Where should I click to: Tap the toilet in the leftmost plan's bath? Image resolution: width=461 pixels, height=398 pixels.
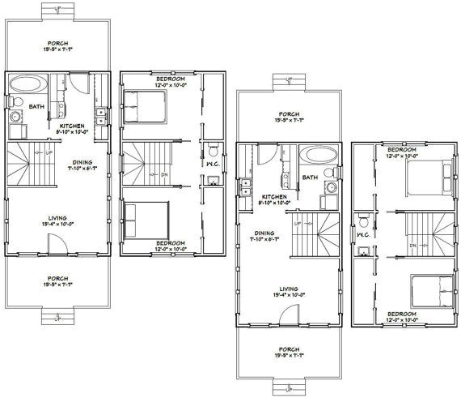click(x=15, y=101)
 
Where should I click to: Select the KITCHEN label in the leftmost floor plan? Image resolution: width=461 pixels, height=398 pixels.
click(x=70, y=126)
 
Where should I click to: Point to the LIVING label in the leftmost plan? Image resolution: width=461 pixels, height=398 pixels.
click(x=57, y=218)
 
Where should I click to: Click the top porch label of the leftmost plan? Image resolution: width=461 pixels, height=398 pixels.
click(x=57, y=43)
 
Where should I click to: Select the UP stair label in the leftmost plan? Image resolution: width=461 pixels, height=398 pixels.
click(x=49, y=152)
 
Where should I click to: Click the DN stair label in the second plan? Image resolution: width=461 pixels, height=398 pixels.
click(x=164, y=172)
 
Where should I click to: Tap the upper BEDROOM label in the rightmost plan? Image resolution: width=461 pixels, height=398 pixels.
click(x=402, y=151)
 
